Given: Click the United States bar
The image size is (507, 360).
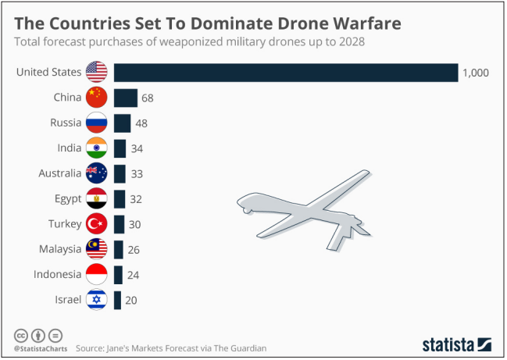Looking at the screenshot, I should (285, 73).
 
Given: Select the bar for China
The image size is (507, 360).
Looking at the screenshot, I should (125, 98).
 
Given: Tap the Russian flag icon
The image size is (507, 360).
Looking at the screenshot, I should (96, 123).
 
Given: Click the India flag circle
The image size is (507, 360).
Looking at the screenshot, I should (96, 148).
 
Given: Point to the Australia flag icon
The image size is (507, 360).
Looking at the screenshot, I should (96, 173).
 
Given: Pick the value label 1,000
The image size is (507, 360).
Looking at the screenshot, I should (475, 73).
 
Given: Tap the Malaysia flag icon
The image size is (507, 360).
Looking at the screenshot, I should (96, 249).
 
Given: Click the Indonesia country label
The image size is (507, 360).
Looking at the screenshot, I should (57, 274).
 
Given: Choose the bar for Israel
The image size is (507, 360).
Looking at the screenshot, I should (117, 300).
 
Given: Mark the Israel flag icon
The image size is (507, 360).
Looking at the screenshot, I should (96, 300).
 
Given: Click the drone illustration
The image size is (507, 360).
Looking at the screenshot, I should (312, 215).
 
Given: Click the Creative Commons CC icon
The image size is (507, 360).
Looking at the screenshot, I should (20, 335).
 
